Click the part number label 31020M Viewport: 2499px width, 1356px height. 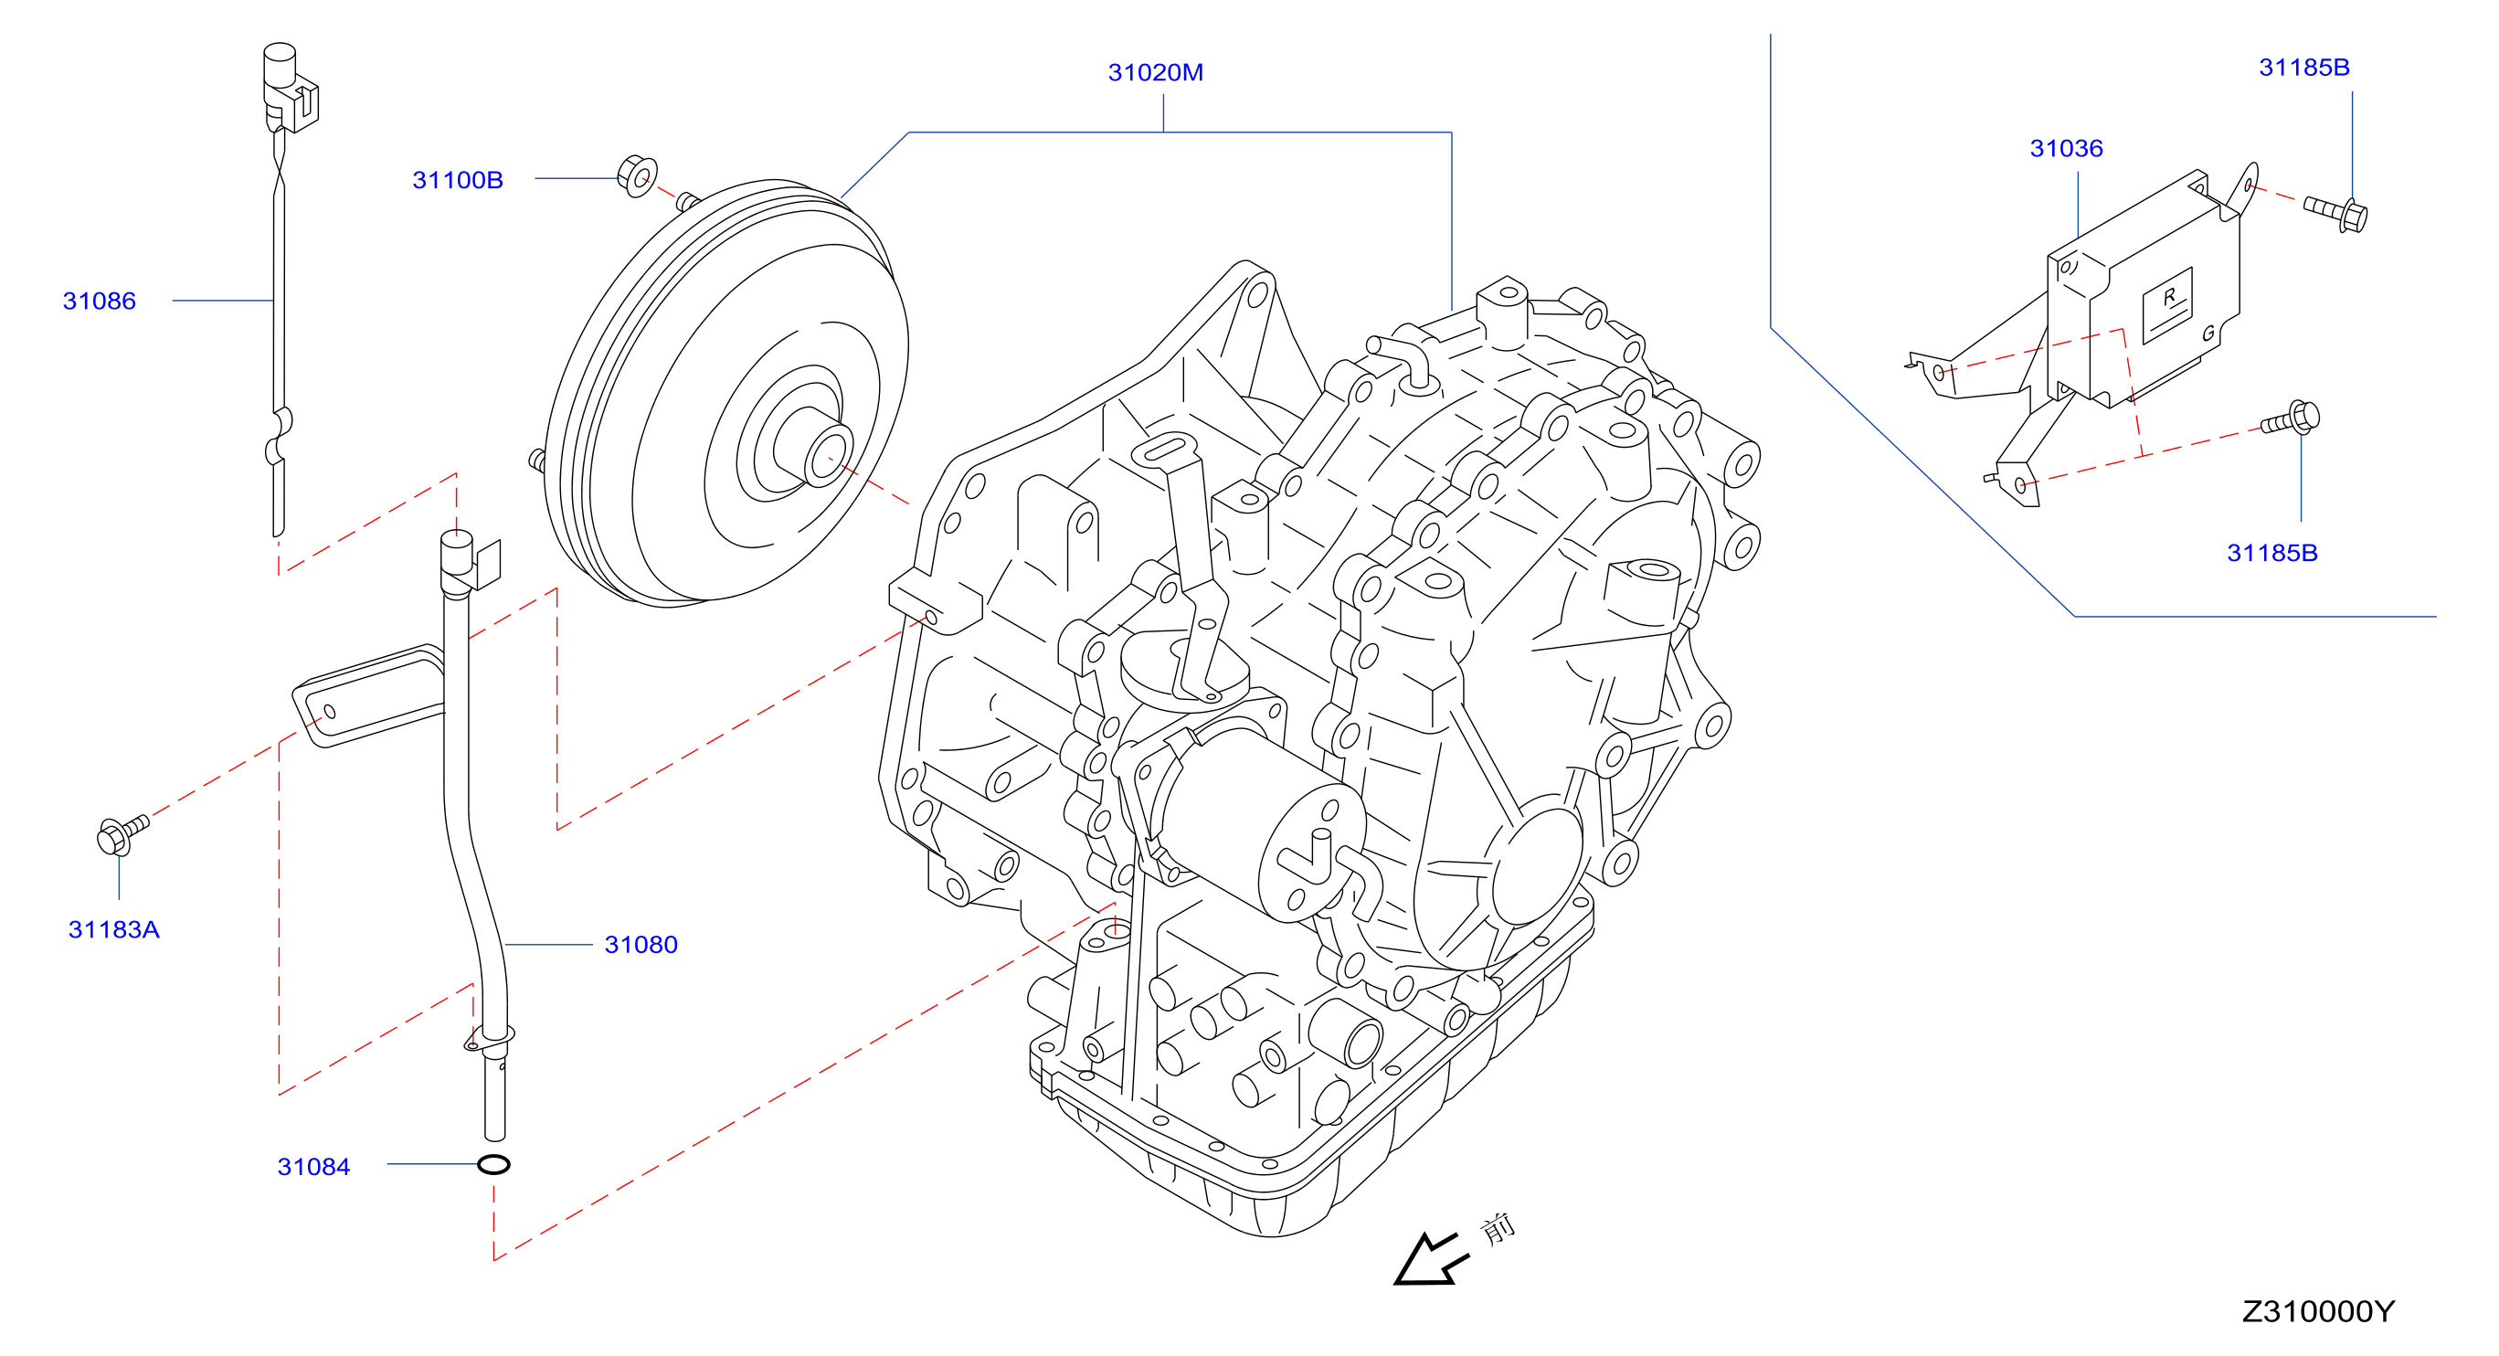tap(1156, 73)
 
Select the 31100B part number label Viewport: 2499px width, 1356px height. tap(458, 180)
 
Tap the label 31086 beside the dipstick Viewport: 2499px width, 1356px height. tap(99, 302)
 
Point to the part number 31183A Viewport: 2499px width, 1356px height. tap(113, 930)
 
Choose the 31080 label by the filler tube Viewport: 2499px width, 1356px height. tap(641, 945)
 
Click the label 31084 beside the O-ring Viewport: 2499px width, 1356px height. tap(313, 1167)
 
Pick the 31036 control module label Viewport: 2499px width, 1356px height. tap(2066, 148)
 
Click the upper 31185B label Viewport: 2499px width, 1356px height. tap(2304, 68)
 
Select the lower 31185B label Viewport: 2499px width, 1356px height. tap(2272, 553)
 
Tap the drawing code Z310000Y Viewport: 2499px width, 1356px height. tap(2317, 1311)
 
